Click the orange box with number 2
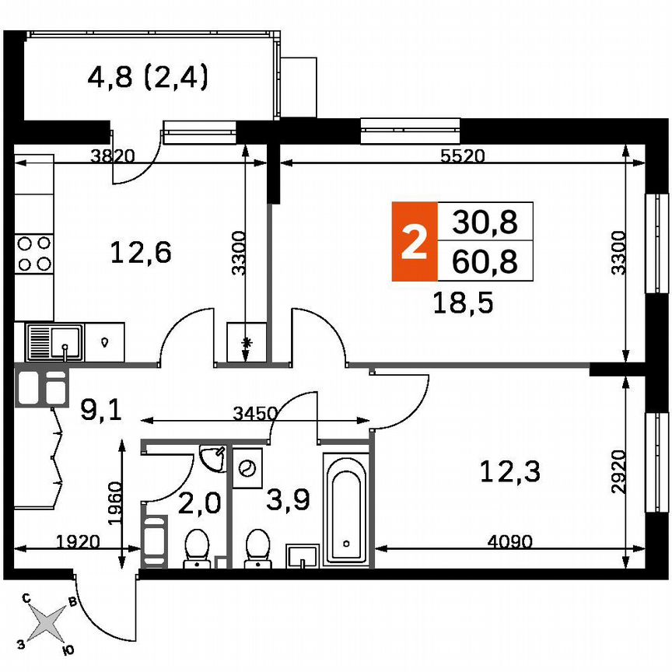click(414, 241)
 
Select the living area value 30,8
click(485, 222)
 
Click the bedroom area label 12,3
click(510, 471)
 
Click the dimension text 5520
click(462, 156)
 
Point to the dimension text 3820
click(113, 156)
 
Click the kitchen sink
click(54, 342)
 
